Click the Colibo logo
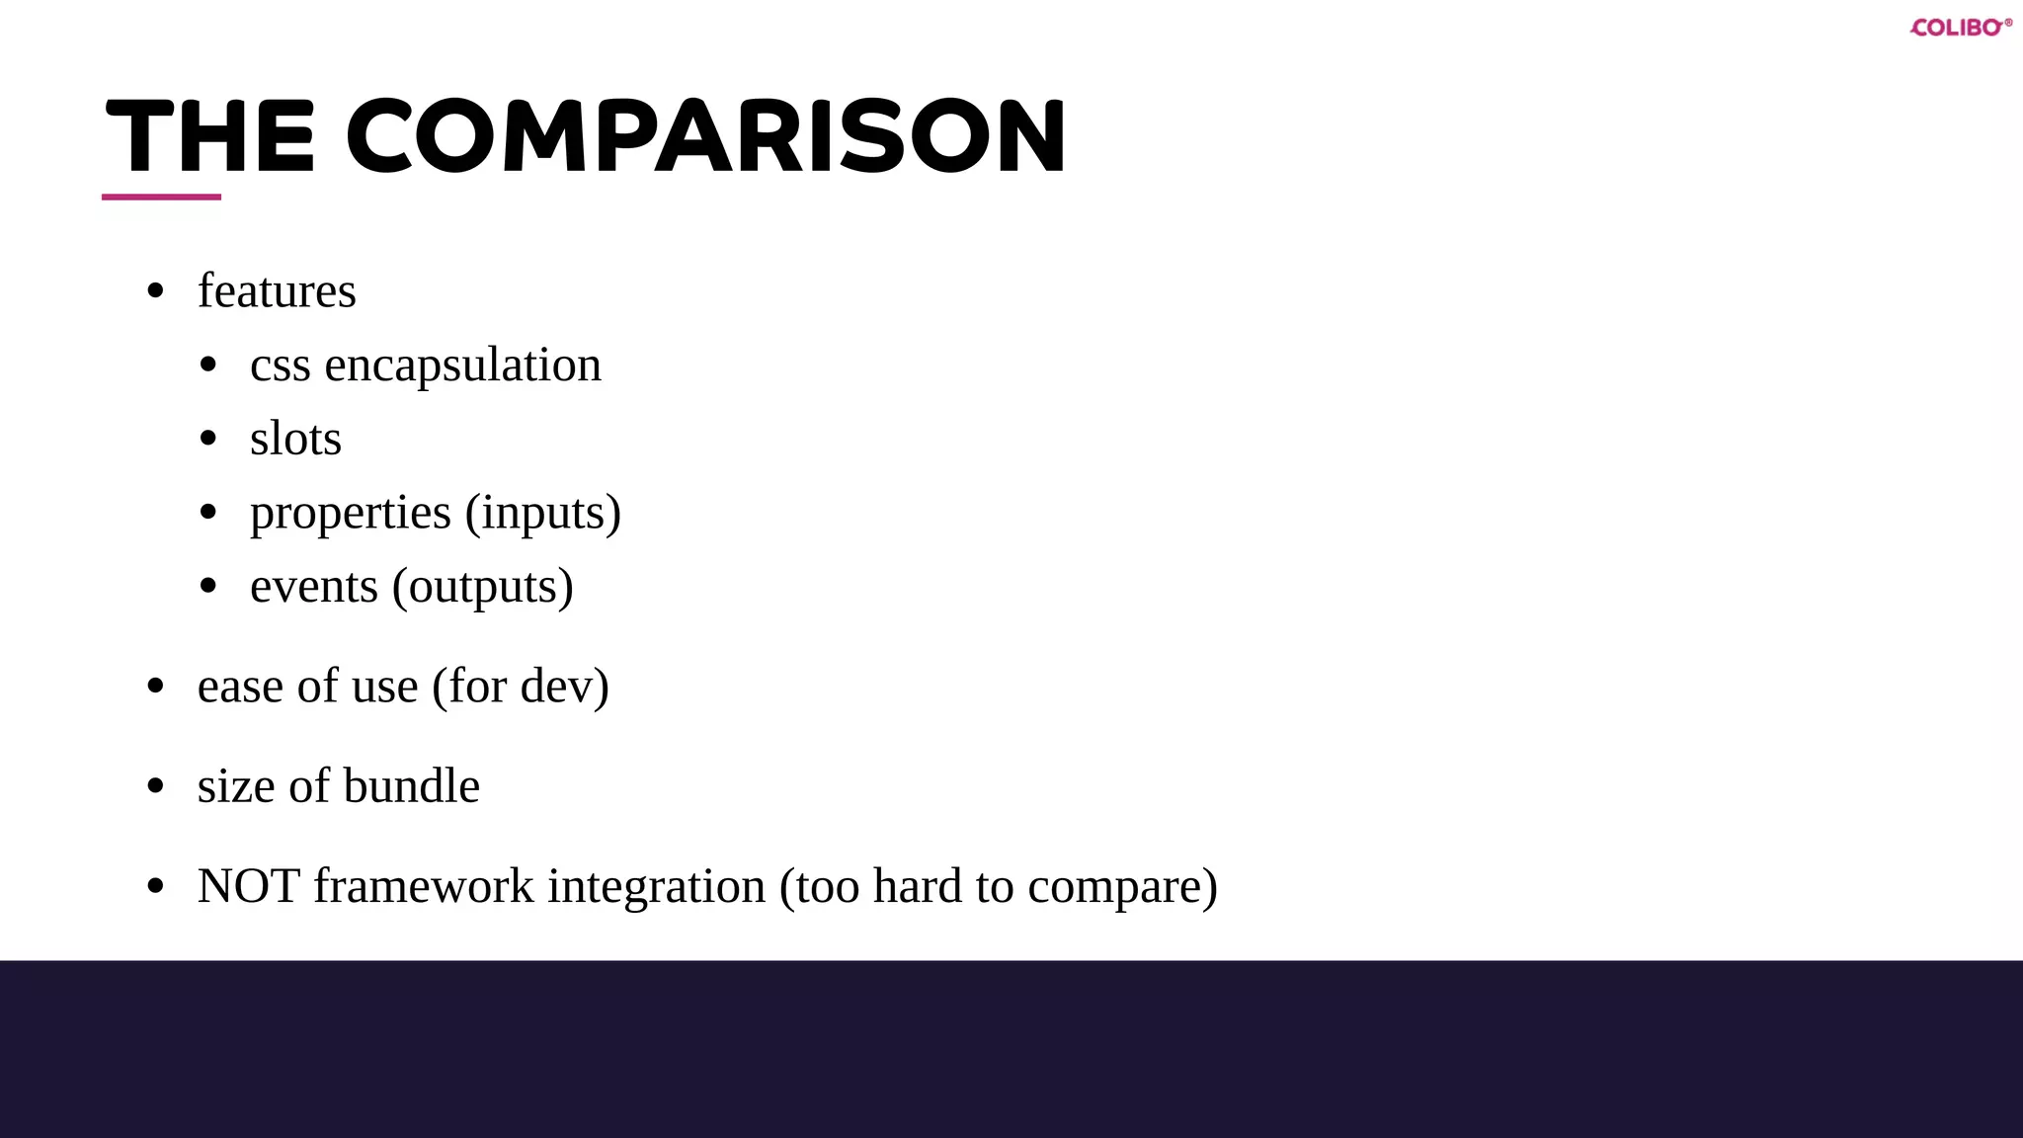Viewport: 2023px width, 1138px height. point(1960,28)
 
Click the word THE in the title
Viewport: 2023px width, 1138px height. point(209,137)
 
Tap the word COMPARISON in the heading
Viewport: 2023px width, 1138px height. point(706,137)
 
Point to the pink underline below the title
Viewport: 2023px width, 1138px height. point(161,197)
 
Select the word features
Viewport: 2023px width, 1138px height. point(277,291)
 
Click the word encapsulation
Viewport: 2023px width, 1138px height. point(462,366)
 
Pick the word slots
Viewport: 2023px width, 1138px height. point(295,440)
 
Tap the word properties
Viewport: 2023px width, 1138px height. point(350,514)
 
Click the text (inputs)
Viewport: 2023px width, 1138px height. point(543,514)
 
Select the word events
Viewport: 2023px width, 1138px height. point(313,587)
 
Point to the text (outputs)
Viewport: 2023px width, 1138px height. point(483,588)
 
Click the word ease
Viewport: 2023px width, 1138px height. point(240,687)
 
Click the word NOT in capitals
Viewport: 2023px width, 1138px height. point(248,886)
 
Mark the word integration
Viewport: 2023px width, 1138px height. point(657,887)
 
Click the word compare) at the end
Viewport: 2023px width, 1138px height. point(1122,887)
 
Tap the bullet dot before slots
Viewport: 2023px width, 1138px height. point(207,439)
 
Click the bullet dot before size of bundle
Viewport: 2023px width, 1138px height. point(155,786)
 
